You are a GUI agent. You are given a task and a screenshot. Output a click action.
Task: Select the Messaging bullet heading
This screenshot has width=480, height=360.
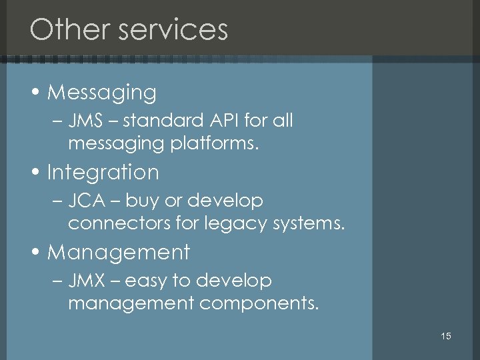click(101, 93)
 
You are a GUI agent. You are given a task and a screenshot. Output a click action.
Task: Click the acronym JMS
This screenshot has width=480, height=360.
click(84, 121)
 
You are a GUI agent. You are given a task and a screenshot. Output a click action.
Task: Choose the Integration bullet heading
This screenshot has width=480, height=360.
click(103, 173)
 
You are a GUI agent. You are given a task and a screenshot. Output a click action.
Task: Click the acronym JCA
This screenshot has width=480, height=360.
click(85, 201)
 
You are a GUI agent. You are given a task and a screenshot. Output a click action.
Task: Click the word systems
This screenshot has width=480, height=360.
click(309, 223)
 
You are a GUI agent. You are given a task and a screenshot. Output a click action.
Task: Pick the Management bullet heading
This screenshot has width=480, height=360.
click(119, 253)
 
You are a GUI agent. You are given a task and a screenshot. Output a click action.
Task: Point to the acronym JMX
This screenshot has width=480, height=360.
click(85, 281)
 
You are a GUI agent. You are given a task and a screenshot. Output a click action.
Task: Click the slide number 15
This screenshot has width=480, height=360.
click(446, 336)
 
